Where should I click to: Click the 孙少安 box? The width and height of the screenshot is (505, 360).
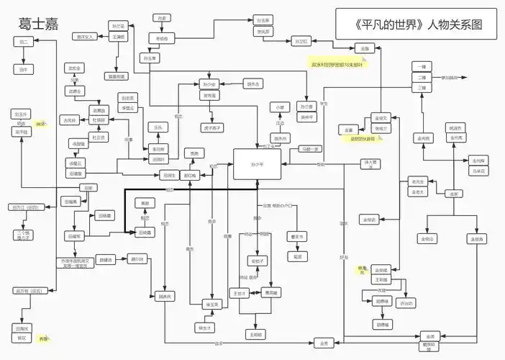click(209, 84)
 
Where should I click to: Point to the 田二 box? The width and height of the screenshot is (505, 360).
click(24, 42)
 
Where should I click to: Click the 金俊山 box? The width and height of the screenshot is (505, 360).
click(427, 238)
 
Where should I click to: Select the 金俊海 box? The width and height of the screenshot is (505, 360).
click(477, 238)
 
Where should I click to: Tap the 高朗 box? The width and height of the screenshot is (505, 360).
click(145, 203)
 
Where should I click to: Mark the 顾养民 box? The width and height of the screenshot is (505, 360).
click(165, 296)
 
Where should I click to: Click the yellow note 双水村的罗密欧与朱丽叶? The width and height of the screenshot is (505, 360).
click(337, 65)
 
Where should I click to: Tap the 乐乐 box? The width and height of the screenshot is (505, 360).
click(158, 127)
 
